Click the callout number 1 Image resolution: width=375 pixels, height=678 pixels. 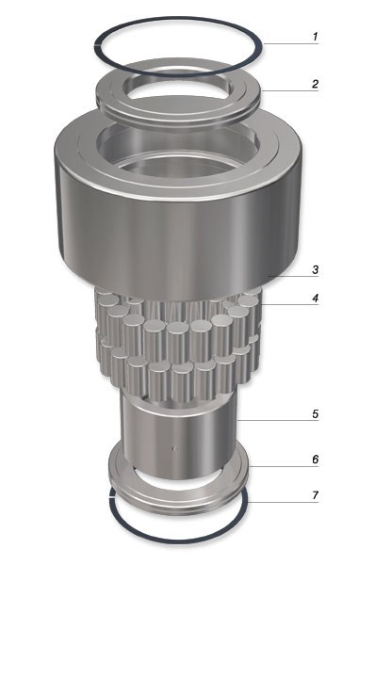tap(316, 37)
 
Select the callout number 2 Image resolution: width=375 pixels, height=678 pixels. tap(316, 84)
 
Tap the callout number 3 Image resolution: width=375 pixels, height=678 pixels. tap(316, 270)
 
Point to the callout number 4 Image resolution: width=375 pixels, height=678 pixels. tap(316, 298)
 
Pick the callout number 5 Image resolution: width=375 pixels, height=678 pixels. tap(316, 413)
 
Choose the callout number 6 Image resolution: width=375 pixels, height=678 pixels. tap(316, 460)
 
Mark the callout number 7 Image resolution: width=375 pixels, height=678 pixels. tap(316, 495)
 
